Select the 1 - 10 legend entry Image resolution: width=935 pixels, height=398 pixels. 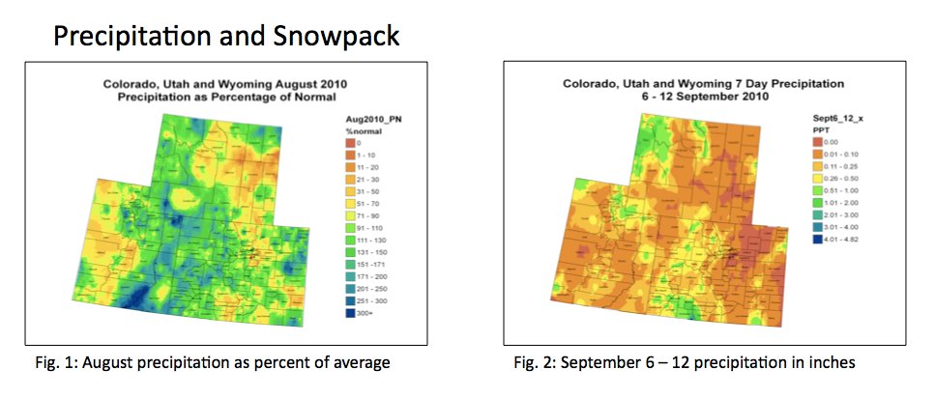pos(353,155)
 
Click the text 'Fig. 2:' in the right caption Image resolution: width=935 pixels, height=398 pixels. pos(532,363)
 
